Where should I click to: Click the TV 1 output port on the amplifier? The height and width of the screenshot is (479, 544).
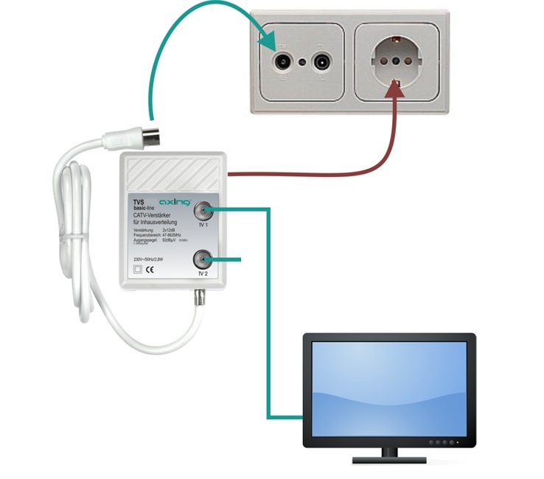pyautogui.click(x=203, y=211)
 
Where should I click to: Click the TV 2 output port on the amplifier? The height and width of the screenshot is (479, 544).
pyautogui.click(x=203, y=259)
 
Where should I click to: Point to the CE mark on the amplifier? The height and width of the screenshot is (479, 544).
pyautogui.click(x=148, y=270)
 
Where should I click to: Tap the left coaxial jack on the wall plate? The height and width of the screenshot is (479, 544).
pyautogui.click(x=282, y=62)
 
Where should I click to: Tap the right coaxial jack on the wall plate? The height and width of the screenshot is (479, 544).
pyautogui.click(x=321, y=62)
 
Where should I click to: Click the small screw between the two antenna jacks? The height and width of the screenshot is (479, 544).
pyautogui.click(x=301, y=62)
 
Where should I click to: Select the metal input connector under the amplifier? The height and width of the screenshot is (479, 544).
pyautogui.click(x=198, y=299)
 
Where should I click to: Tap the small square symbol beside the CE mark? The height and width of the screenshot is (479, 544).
pyautogui.click(x=136, y=270)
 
